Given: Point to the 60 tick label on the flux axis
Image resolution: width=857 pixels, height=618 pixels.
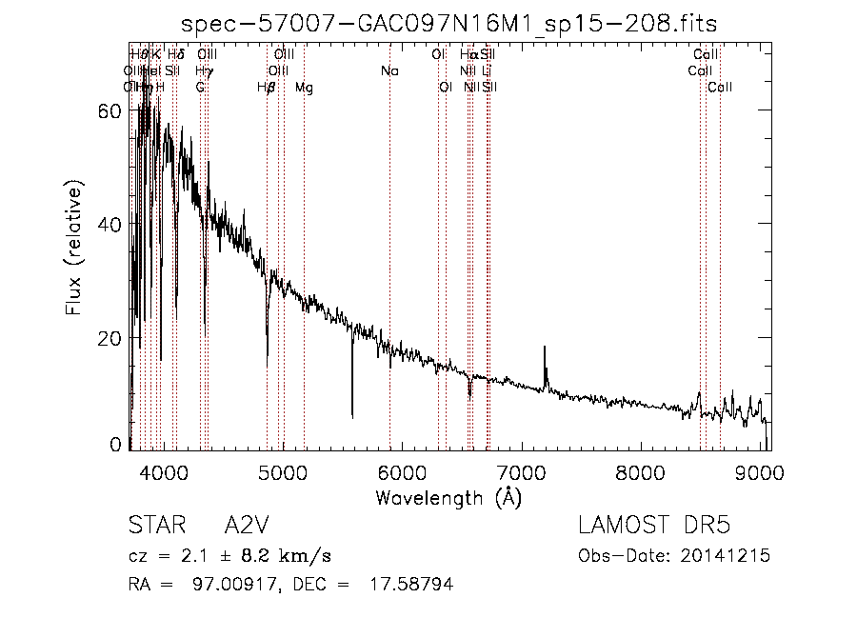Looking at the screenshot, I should click(x=109, y=110).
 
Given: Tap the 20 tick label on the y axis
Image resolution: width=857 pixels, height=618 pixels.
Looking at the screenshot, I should click(x=109, y=339).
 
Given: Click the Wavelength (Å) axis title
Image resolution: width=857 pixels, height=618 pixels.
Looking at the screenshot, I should click(x=448, y=497).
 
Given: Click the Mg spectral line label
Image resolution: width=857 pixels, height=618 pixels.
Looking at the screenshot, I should click(x=304, y=88).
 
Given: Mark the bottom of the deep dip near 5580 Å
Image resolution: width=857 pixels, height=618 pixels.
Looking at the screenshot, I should click(x=352, y=416).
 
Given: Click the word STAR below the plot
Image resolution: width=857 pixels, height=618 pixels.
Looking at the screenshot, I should click(x=154, y=527).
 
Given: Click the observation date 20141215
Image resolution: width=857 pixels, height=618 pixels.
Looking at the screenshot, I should click(x=727, y=555).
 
